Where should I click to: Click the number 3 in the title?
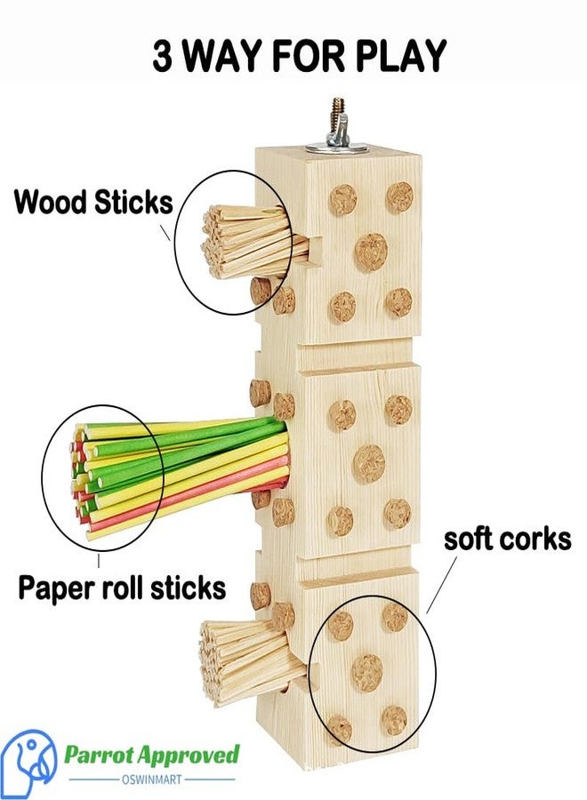click(x=162, y=56)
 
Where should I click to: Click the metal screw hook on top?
click(x=337, y=122)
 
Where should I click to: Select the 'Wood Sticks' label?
click(x=93, y=202)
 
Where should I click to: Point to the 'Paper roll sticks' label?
click(x=122, y=588)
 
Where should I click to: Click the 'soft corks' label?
click(x=507, y=540)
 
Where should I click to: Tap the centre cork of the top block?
click(x=371, y=252)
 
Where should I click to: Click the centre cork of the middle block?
click(x=368, y=463)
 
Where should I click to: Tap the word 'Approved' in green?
click(x=189, y=755)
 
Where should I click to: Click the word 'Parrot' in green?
click(x=98, y=755)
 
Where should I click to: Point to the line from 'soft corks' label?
click(x=441, y=585)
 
